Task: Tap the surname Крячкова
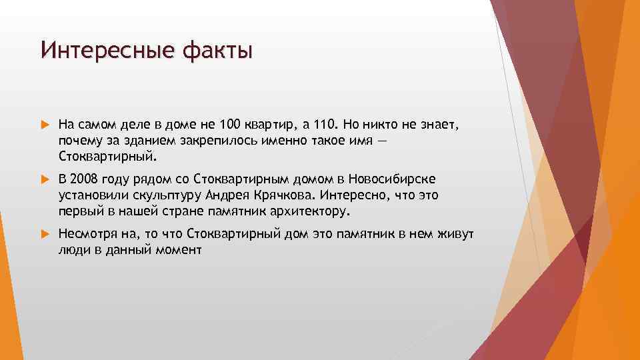(287, 196)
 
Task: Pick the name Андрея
(227, 196)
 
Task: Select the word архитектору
(308, 212)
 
